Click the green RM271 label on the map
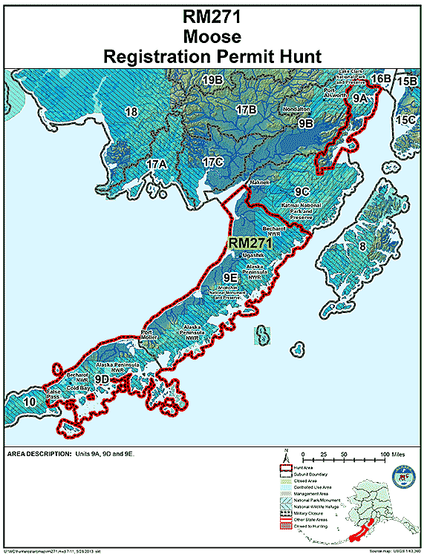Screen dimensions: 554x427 (250, 243)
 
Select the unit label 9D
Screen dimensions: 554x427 (122, 379)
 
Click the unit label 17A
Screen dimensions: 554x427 (156, 164)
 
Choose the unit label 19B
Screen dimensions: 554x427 (213, 80)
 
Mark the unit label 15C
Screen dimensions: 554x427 (405, 119)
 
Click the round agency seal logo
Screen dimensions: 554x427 (401, 475)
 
